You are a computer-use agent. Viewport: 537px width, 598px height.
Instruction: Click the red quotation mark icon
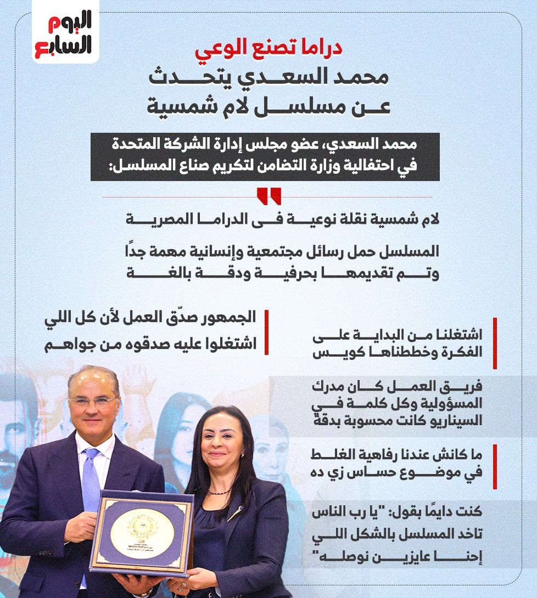point(268,196)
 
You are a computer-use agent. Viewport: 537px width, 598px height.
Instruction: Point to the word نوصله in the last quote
point(332,557)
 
